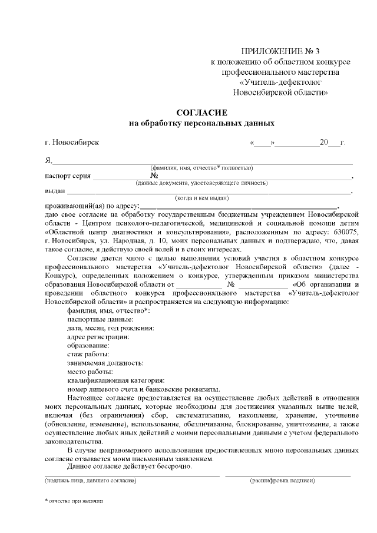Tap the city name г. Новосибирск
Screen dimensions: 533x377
pos(72,143)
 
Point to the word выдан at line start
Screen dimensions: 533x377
pos(55,191)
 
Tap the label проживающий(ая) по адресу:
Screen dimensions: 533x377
pos(92,206)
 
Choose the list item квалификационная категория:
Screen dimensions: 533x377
pos(115,380)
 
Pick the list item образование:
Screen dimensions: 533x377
pos(89,345)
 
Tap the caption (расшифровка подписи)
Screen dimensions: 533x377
pos(282,481)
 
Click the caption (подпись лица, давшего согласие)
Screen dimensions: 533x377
pos(91,481)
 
